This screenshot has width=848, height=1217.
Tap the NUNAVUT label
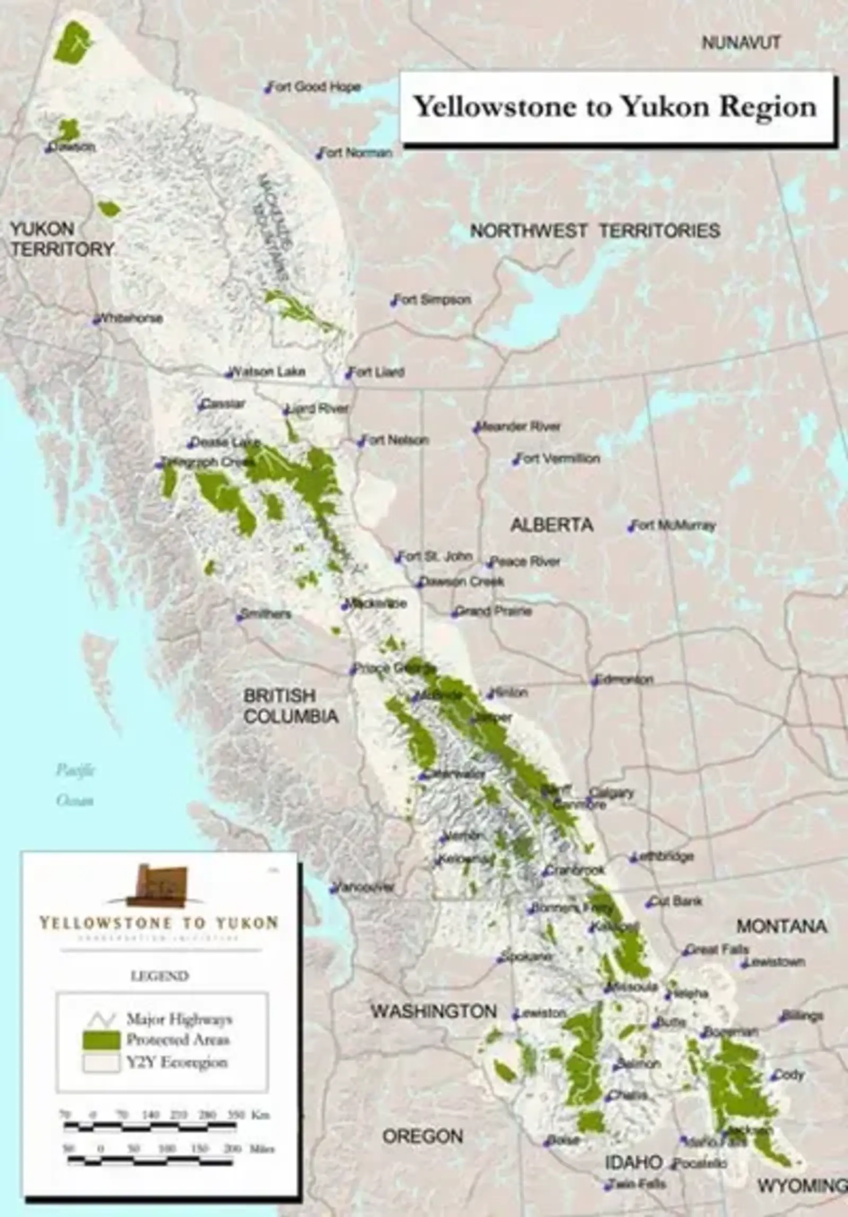741,43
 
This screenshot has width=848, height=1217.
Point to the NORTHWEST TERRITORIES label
595,231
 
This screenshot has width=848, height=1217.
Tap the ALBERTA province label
552,525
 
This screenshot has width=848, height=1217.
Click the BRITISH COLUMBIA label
290,706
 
